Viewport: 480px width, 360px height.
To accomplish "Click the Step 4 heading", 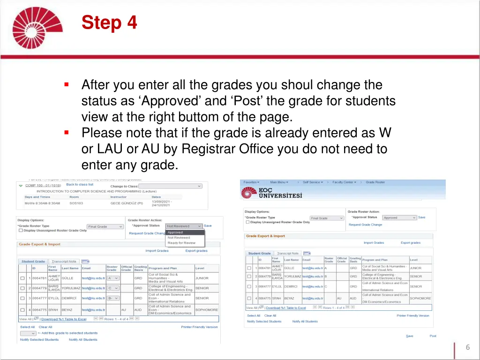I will click(109, 22).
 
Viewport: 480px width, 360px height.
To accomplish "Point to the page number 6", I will click(467, 347).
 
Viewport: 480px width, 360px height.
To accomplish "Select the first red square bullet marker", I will click(67, 85).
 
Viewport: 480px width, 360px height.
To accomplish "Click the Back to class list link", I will click(80, 185).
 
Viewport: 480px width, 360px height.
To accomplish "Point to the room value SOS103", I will click(76, 203).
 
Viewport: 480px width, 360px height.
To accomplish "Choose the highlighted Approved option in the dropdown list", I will click(185, 232).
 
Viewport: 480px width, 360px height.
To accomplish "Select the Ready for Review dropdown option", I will click(181, 243).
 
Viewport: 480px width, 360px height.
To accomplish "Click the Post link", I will click(433, 336).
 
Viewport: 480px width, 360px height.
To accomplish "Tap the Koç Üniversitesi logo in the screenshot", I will click(272, 193).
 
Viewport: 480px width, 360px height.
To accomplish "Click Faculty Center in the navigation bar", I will click(344, 182).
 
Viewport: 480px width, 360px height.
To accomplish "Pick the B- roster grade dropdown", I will click(113, 298).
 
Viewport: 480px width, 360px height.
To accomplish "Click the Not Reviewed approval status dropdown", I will click(184, 226).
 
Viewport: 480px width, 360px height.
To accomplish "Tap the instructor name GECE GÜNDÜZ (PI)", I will click(127, 203).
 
